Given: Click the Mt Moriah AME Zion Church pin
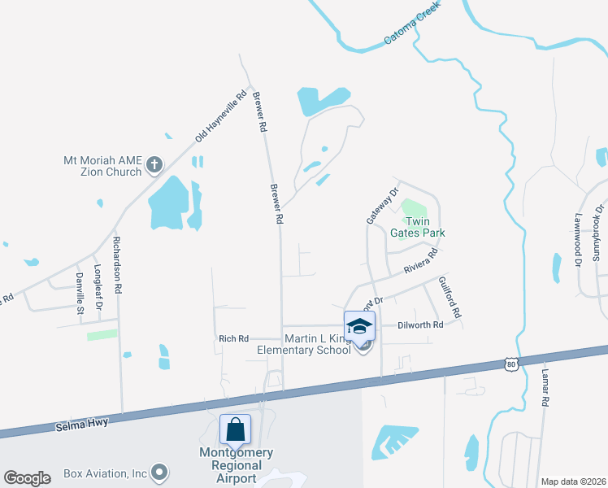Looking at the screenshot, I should (155, 168).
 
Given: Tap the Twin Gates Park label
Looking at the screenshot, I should (418, 227).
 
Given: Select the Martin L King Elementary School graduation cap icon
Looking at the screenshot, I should (359, 327).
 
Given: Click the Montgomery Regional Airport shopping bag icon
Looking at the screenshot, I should (235, 429).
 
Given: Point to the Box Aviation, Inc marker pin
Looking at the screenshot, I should (159, 472).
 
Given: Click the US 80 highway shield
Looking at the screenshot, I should (510, 364).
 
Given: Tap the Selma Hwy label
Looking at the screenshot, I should (81, 424).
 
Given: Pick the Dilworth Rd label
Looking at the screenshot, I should (420, 325).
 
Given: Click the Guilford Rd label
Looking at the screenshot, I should (449, 297).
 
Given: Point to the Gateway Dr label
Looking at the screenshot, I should (383, 207).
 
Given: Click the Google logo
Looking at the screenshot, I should (27, 478).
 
